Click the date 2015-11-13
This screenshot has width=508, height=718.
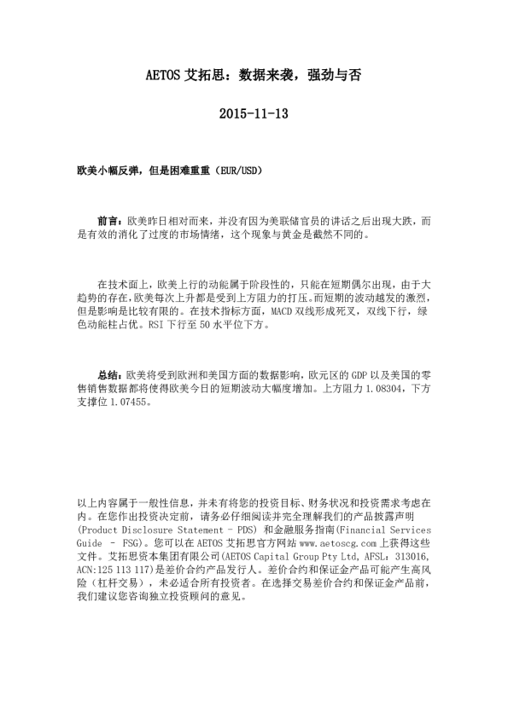tap(254, 113)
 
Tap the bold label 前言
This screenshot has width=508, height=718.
tap(109, 221)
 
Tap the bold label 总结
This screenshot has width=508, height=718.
tap(109, 373)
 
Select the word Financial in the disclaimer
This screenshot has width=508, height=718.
tap(367, 530)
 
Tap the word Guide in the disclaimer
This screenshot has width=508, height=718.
tap(90, 543)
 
